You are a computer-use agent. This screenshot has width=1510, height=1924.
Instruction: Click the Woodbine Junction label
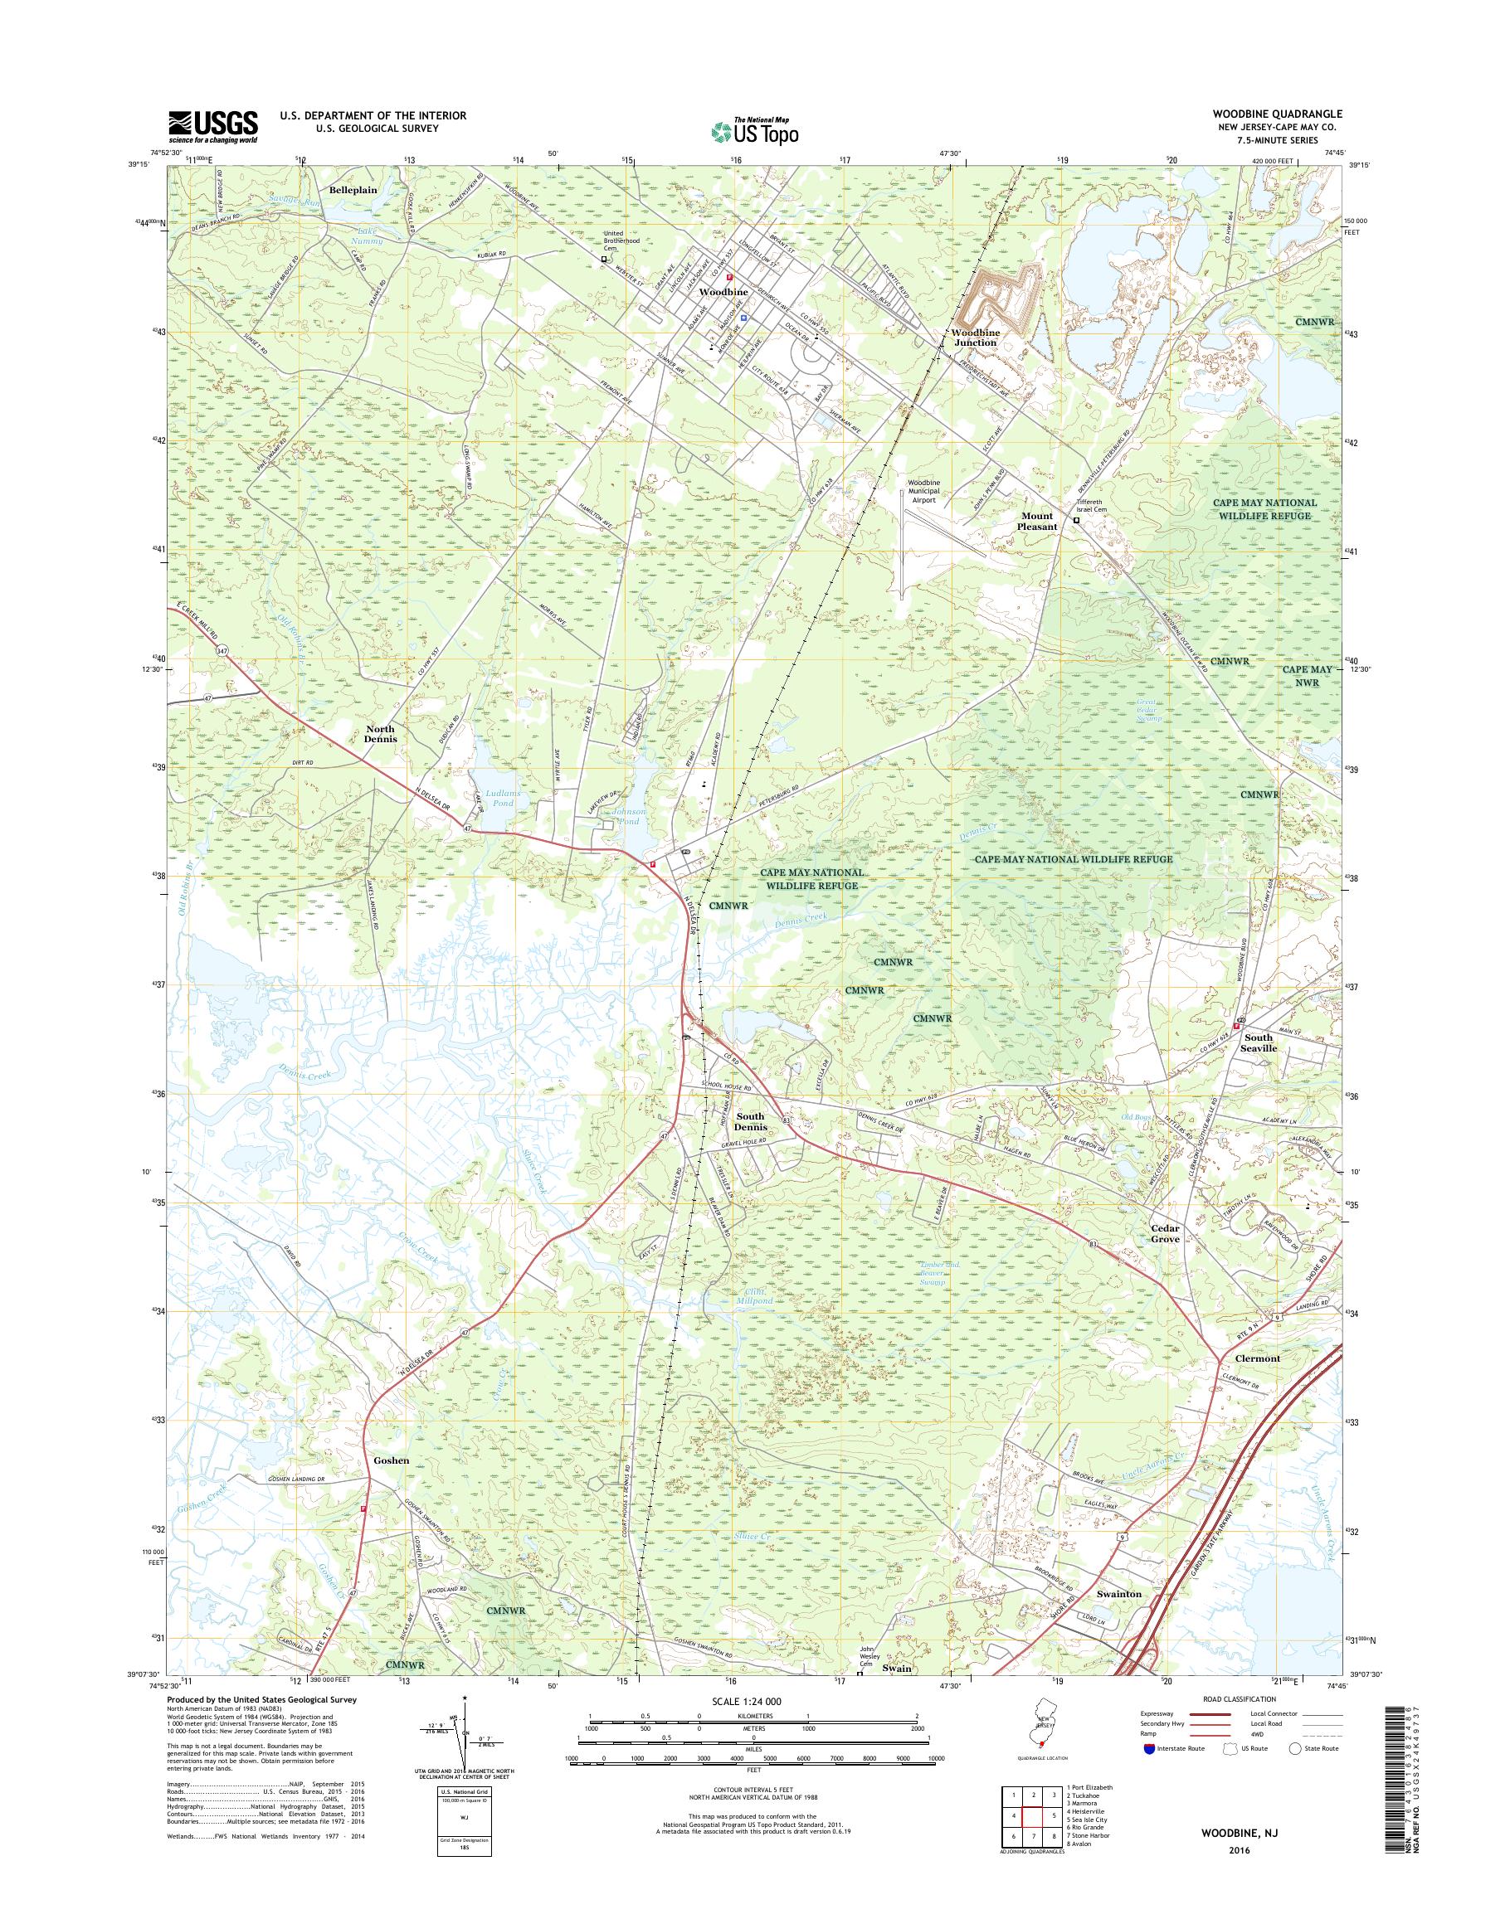tap(975, 337)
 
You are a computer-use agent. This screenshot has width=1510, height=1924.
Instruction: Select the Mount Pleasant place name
tap(1038, 521)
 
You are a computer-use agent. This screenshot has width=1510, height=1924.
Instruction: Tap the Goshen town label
tap(391, 1460)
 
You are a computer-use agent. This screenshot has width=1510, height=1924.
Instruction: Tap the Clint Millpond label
tap(753, 1295)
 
